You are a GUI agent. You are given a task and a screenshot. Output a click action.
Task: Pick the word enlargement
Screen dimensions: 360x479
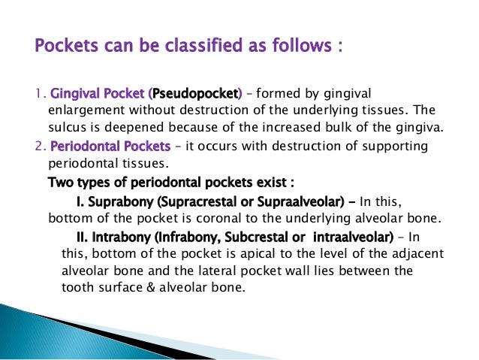(x=75, y=110)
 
